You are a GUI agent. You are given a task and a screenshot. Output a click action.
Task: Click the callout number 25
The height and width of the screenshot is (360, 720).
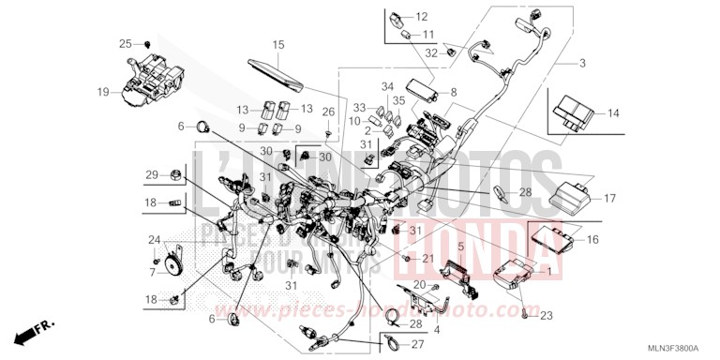[125, 44]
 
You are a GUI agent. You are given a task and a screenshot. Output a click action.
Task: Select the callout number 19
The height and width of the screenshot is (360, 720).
[103, 92]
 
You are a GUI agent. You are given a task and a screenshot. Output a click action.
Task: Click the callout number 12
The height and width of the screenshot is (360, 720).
[421, 17]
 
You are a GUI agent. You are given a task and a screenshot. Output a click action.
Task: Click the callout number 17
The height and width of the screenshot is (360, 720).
[608, 199]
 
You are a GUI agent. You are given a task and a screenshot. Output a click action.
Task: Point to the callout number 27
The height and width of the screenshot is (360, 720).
[417, 345]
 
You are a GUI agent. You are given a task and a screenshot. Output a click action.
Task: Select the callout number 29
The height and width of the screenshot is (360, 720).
[151, 175]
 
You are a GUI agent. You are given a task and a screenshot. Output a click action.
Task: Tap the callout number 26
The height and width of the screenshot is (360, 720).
[327, 112]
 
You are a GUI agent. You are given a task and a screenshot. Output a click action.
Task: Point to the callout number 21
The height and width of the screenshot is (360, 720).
[427, 258]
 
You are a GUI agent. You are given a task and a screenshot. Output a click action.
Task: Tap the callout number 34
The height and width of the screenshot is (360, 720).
[386, 87]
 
